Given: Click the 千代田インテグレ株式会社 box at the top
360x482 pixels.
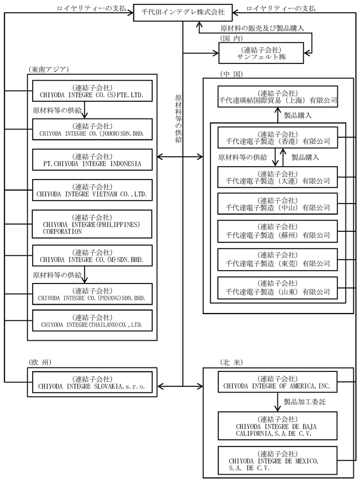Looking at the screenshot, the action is [x=183, y=12].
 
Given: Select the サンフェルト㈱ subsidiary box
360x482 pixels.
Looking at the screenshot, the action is [x=261, y=53].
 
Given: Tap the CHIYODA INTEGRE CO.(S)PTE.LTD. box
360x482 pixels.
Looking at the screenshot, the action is [x=92, y=91].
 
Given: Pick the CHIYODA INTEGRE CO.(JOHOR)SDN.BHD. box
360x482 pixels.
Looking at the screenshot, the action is [x=92, y=130].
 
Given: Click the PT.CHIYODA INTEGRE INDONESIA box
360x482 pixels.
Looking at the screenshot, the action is [x=92, y=160].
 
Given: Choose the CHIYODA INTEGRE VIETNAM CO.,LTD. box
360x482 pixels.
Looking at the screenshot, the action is [x=92, y=190].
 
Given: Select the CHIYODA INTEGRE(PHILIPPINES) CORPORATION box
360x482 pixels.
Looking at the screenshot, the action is [x=92, y=224].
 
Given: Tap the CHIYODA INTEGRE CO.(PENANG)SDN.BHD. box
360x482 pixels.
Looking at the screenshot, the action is [x=92, y=294].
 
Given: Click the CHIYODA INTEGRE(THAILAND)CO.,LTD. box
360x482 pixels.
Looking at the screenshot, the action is [x=92, y=321].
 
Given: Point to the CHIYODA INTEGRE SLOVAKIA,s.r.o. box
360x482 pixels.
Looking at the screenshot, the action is [x=92, y=382].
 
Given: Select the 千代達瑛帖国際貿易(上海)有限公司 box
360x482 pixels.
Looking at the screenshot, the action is [x=278, y=97].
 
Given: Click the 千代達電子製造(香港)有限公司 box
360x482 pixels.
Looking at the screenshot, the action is [x=278, y=137].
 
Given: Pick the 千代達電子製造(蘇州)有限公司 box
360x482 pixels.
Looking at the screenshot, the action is [x=278, y=231].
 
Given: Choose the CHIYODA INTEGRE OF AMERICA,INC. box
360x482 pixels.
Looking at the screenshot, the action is [x=277, y=382].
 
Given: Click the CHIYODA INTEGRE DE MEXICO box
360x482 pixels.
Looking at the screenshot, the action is [x=277, y=461].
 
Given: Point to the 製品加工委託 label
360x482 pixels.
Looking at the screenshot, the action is [x=304, y=402].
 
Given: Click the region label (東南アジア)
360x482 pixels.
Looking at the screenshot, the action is [x=48, y=69].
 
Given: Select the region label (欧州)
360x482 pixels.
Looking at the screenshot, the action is [x=39, y=362].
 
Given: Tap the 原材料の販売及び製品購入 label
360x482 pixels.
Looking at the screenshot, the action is [x=262, y=28].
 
